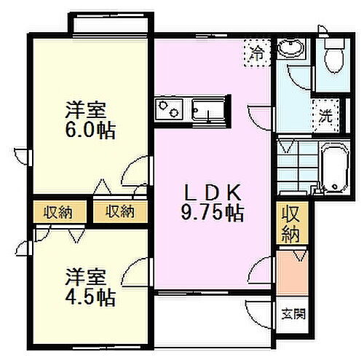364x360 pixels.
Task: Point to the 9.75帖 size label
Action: (212, 213)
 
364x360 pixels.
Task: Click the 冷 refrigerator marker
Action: (256, 52)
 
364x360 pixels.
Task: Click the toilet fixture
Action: (334, 54)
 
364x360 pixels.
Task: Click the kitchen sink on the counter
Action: (208, 110)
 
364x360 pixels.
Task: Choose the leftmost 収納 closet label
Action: (56, 212)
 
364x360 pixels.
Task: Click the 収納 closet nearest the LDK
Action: (119, 212)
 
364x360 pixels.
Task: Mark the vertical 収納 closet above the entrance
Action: (291, 224)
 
